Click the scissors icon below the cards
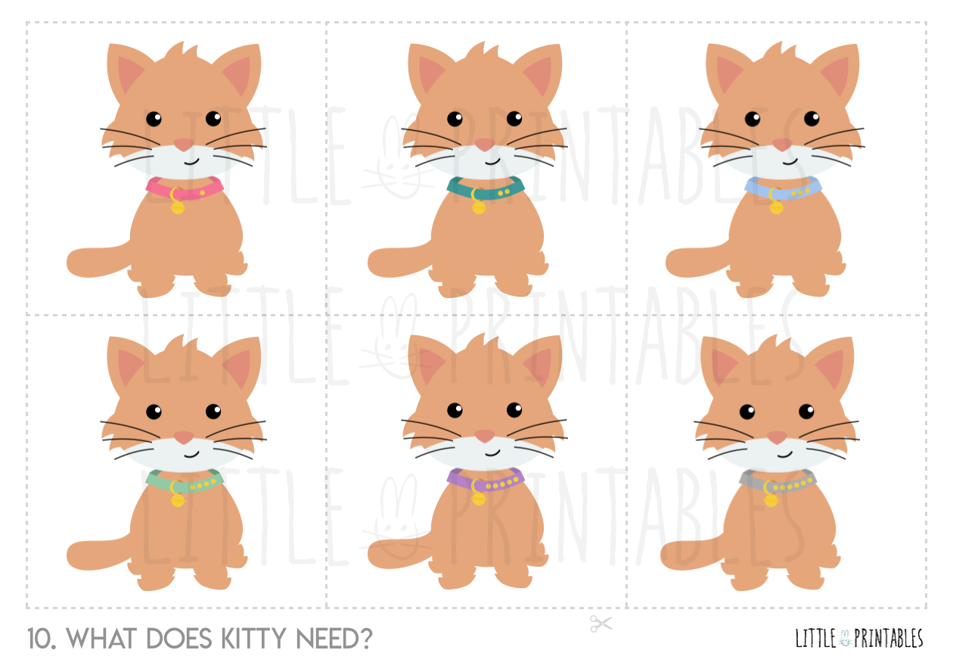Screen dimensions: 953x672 [601, 624]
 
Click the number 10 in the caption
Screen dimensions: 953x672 [42, 639]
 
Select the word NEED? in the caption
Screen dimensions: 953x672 [334, 639]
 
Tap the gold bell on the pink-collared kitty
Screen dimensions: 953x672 [178, 207]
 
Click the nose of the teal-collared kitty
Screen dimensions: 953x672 [485, 145]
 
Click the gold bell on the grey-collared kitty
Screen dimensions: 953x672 [771, 499]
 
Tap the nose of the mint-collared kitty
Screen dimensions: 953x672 [184, 437]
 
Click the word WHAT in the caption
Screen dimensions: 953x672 [101, 639]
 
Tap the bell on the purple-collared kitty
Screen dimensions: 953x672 [479, 499]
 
